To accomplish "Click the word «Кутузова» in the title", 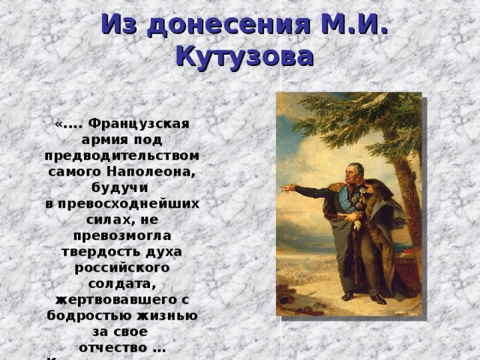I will pos(244,56).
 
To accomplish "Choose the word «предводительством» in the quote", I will pos(121,154).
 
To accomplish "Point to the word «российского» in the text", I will pos(121,266).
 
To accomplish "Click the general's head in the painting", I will pos(355,172).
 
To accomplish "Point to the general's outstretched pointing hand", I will pos(287,187).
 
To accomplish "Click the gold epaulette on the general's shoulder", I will pos(336,187).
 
